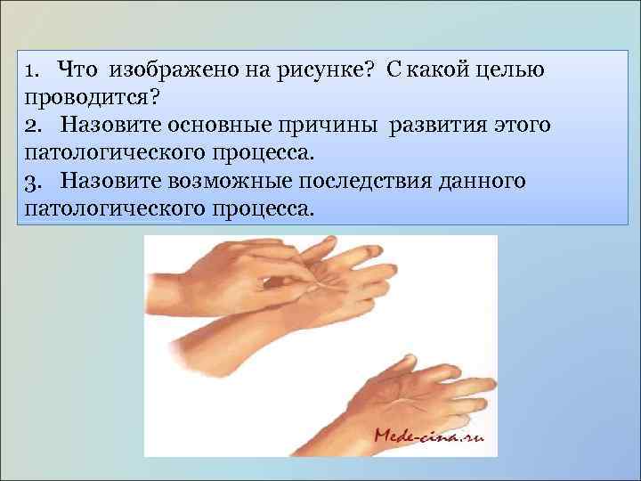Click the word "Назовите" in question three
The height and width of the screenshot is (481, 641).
(x=108, y=181)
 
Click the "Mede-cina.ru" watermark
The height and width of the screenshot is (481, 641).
(x=428, y=436)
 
